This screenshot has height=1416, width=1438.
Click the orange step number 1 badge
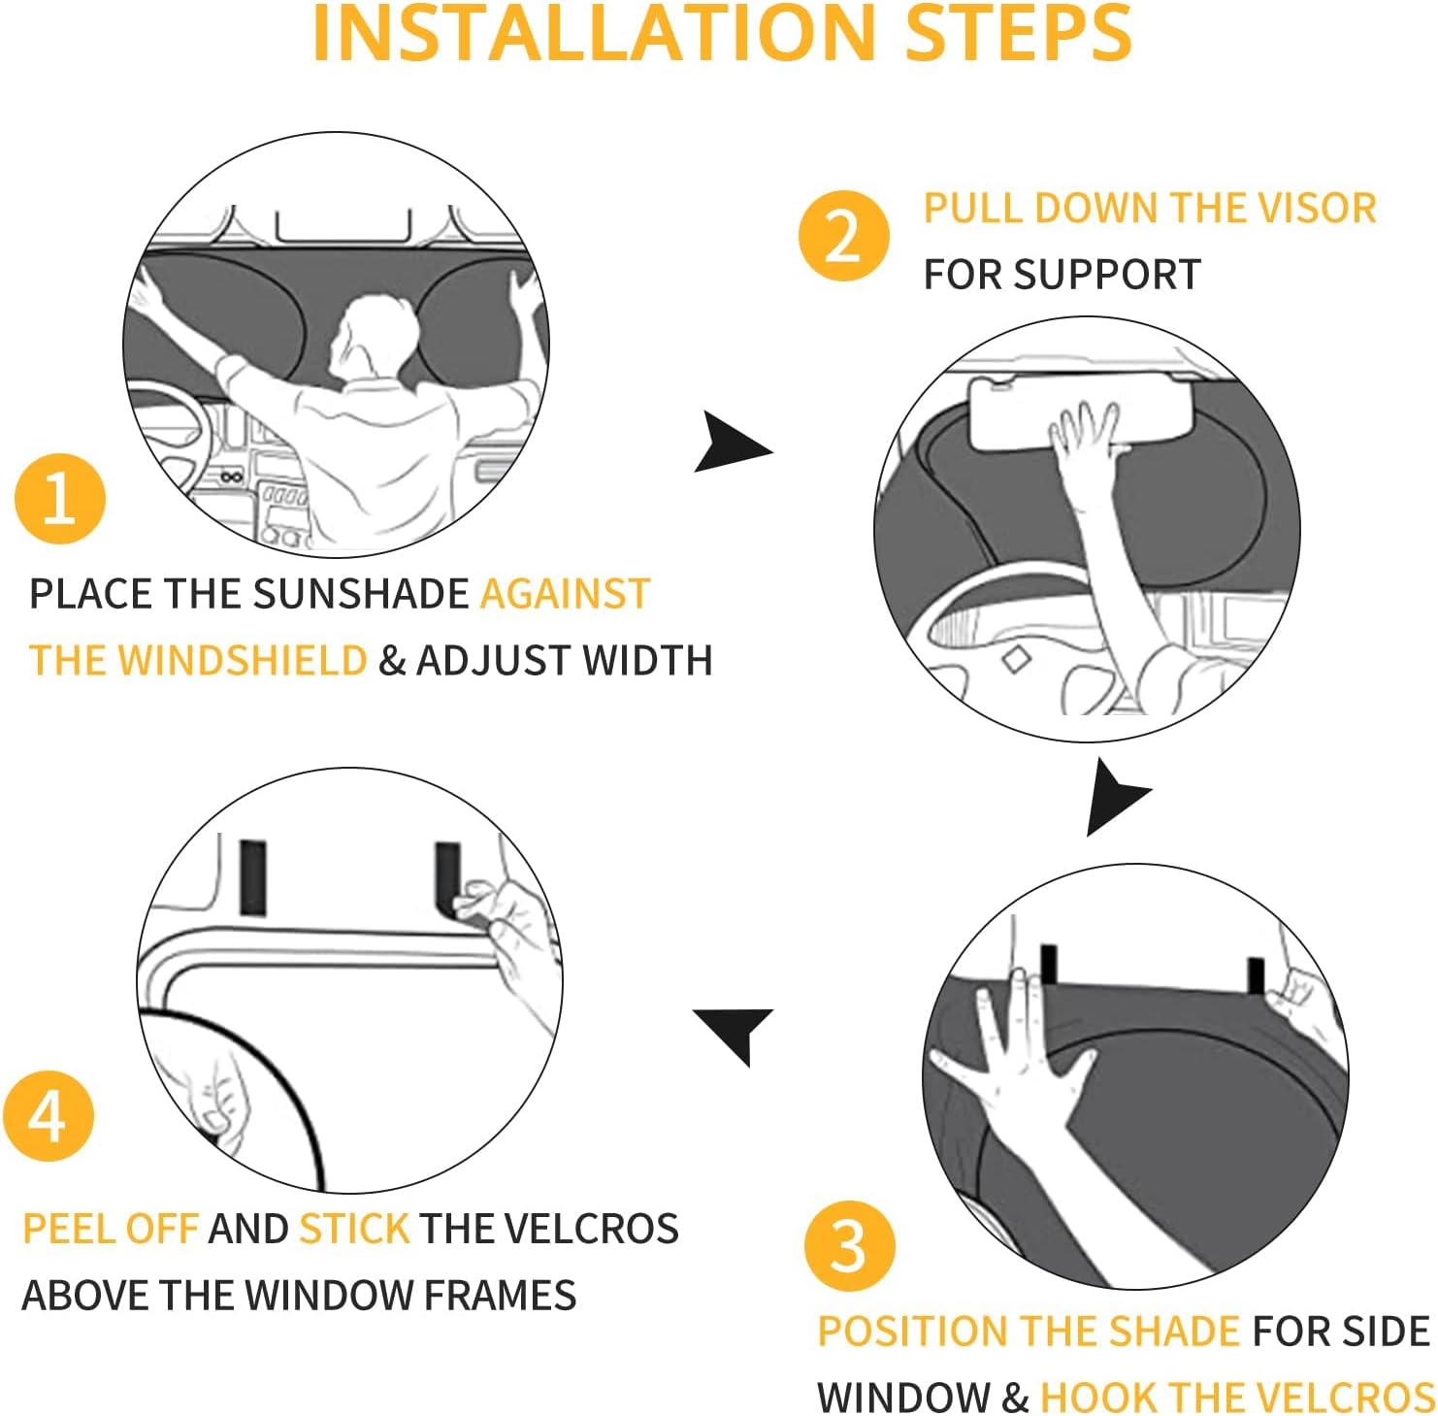(x=60, y=499)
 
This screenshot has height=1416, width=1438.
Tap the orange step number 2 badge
(x=843, y=236)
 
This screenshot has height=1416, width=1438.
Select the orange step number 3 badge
(x=849, y=1245)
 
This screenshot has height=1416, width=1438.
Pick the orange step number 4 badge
(x=48, y=1117)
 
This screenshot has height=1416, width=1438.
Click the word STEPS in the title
(x=1018, y=34)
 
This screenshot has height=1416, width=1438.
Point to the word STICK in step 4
(x=354, y=1229)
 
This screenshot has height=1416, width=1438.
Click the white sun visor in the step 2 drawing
(x=1048, y=412)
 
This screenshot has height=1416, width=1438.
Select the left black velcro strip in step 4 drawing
(x=252, y=877)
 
